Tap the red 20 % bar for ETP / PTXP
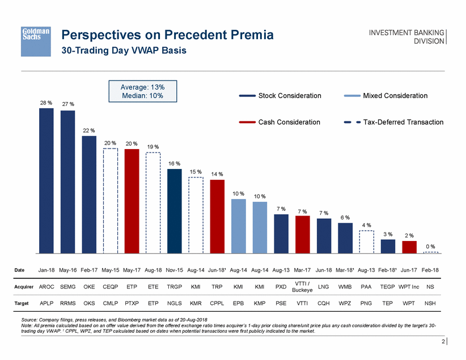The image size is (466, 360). pyautogui.click(x=132, y=201)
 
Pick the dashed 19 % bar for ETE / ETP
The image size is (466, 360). pyautogui.click(x=153, y=202)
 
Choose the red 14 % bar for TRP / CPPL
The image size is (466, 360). pyautogui.click(x=217, y=216)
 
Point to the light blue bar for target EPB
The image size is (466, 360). pyautogui.click(x=239, y=226)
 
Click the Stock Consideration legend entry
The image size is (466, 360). pyautogui.click(x=281, y=96)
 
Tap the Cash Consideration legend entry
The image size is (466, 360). pyautogui.click(x=281, y=122)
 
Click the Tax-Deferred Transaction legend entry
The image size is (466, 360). pyautogui.click(x=393, y=122)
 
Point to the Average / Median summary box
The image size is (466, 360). pyautogui.click(x=142, y=91)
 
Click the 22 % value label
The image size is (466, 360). pyautogui.click(x=89, y=130)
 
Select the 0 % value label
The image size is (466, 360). pyautogui.click(x=430, y=247)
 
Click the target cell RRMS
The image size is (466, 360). pyautogui.click(x=68, y=303)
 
